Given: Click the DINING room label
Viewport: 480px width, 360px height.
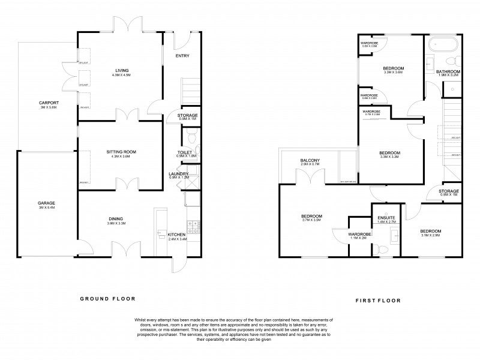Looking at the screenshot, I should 116,218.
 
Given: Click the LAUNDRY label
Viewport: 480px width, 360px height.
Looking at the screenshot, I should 179,173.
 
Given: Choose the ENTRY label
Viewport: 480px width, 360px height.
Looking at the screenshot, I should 182,56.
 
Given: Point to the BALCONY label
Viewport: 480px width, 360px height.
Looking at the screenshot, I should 310,160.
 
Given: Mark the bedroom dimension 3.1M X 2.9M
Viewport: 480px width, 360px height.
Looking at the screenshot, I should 430,236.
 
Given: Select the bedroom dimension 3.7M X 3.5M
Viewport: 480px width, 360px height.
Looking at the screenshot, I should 311,220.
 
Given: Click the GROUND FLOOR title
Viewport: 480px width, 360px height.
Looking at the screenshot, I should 108,298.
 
